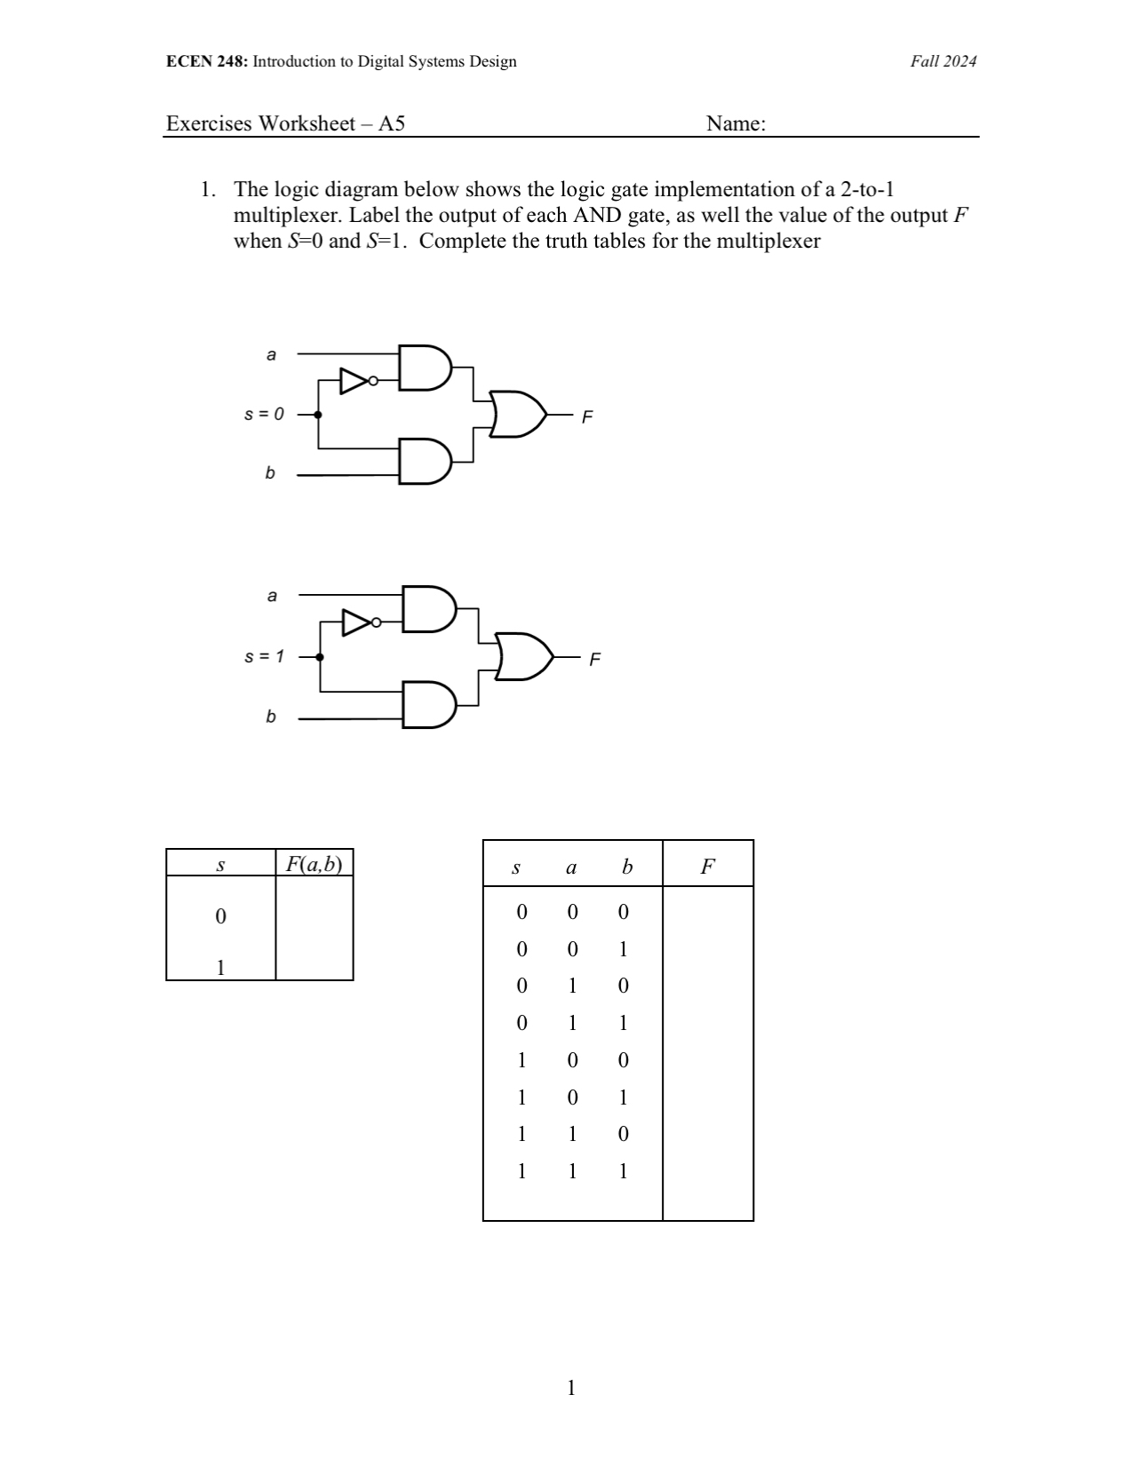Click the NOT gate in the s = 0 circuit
click(x=356, y=381)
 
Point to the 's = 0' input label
click(x=264, y=414)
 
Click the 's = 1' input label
click(x=264, y=657)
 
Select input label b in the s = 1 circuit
click(x=271, y=717)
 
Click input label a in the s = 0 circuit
click(x=271, y=354)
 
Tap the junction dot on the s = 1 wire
click(x=320, y=657)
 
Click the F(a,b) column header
click(x=314, y=863)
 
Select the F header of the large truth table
click(x=707, y=867)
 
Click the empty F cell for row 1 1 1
click(x=707, y=1171)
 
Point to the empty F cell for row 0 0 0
click(x=707, y=912)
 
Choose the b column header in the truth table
click(x=626, y=867)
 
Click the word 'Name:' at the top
click(x=736, y=123)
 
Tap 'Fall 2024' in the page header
click(x=943, y=61)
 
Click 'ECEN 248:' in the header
click(x=207, y=61)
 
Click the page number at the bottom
click(x=571, y=1388)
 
